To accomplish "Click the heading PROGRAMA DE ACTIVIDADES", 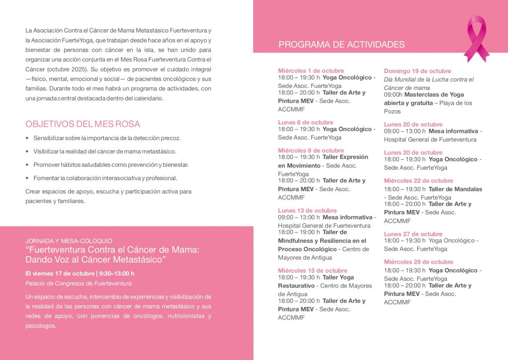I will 341,45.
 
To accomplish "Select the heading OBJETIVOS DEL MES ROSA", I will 83,124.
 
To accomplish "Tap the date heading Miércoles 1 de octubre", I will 311,71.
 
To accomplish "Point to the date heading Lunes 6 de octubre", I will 305,122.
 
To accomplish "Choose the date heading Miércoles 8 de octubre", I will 311,150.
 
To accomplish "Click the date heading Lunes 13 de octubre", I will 307,211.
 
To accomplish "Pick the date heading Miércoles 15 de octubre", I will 313,271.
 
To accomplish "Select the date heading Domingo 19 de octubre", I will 417,71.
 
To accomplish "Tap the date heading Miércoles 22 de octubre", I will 418,181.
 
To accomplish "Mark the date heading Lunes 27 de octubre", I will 413,234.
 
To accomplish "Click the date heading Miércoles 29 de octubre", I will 418,262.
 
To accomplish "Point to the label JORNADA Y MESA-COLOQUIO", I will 68,241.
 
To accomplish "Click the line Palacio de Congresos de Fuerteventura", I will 78,284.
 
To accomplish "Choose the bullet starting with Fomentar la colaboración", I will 105,178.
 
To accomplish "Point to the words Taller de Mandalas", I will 455,189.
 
